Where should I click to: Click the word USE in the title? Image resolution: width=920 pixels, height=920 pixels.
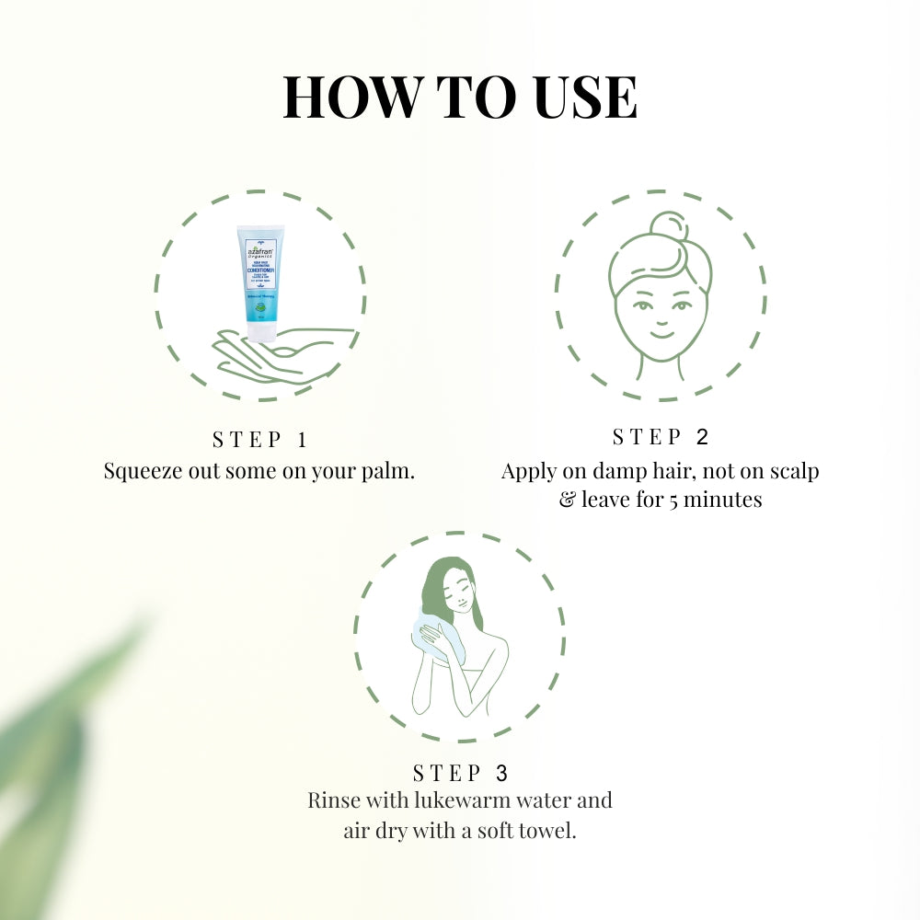582,98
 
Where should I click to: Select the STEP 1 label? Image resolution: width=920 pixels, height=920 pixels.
259,439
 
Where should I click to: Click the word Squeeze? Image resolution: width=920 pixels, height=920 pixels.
144,471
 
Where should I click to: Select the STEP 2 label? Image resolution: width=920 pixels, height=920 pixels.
661,437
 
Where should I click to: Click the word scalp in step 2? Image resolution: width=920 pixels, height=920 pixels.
791,471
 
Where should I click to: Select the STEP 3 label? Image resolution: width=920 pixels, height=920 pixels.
460,773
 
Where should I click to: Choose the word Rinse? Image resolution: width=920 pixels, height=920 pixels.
333,800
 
